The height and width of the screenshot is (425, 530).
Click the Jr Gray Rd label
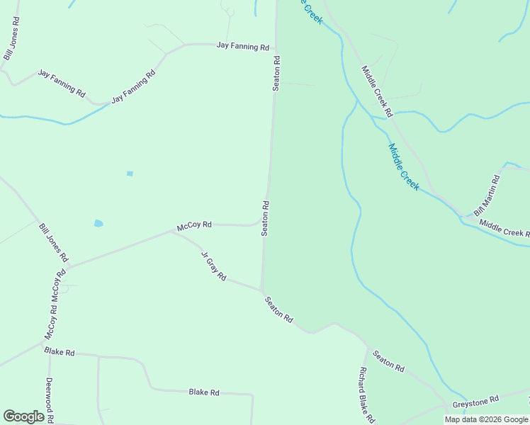213,266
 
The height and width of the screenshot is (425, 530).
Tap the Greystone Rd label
476,401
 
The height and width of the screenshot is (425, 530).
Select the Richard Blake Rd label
366,395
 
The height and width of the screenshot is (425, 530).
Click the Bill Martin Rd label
487,195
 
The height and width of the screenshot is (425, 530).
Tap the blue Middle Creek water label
404,167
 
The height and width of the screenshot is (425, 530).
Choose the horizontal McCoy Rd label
194,225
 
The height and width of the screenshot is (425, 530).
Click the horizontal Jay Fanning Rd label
243,47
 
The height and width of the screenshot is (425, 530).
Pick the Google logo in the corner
23,416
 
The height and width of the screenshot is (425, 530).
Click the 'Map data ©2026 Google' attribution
486,419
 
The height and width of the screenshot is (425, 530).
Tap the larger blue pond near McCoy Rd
98,223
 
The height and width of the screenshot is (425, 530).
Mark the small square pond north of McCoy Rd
130,173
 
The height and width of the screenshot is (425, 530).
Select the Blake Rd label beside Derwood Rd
60,351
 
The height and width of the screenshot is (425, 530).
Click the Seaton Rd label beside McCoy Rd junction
265,219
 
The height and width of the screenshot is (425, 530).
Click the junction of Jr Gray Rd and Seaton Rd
262,290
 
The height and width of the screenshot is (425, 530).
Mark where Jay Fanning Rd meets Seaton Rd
276,48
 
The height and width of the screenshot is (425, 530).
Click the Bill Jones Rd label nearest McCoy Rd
53,242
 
